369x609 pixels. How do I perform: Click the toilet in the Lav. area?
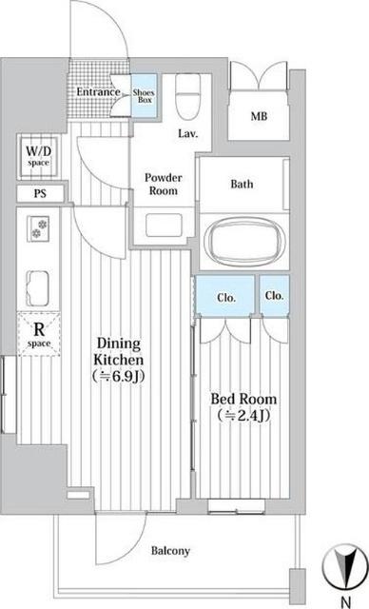point(187,96)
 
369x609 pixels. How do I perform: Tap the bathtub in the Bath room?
point(244,241)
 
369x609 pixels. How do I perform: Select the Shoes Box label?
point(144,96)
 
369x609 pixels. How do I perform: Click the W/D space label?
point(38,156)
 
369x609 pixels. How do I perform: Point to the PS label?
point(40,193)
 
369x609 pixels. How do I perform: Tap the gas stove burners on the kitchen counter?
point(38,228)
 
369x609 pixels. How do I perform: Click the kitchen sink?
point(38,287)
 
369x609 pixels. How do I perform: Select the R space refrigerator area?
point(39,334)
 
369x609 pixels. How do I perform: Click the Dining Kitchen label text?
point(118,360)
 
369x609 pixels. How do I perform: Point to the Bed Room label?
point(243,407)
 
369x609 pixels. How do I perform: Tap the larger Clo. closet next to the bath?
point(225,296)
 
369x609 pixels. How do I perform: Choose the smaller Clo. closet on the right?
point(274,296)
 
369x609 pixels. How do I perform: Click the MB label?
point(259,116)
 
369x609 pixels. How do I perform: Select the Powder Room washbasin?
point(164,225)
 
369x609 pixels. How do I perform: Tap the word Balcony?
point(170,551)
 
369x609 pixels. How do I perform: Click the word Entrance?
point(98,92)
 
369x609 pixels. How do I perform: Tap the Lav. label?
point(188,134)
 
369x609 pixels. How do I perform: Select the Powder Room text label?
point(164,184)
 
